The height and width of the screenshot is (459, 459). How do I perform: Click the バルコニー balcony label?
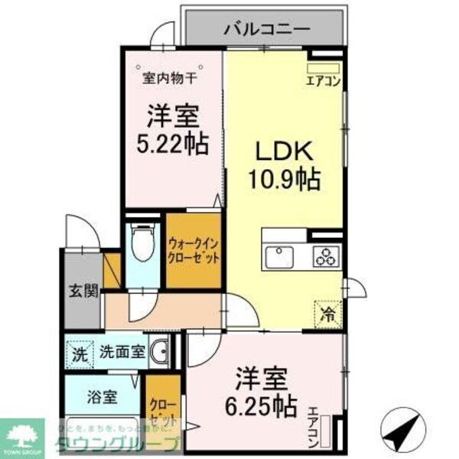point(265,30)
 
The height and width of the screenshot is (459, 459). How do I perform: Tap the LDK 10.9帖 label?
point(283,166)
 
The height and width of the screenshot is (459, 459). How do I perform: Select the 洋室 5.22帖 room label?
point(174,129)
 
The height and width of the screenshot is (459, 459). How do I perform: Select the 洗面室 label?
point(121,353)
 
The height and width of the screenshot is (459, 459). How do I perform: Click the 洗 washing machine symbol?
point(79,353)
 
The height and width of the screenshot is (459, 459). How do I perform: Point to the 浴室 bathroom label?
point(102,397)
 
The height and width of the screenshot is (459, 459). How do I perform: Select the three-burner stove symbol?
point(326,257)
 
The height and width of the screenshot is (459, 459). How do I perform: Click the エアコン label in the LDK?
point(322,80)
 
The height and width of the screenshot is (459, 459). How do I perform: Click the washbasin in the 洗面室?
point(160,353)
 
